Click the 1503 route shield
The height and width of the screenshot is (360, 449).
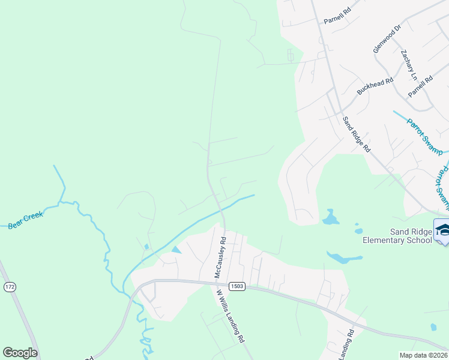tap(238, 287)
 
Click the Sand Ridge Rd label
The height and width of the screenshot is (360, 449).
tap(357, 134)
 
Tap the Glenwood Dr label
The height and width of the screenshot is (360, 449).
tap(387, 39)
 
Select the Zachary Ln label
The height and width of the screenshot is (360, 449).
tap(409, 65)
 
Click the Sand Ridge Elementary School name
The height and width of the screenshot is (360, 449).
tap(397, 235)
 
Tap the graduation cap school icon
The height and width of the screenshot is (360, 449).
tap(443, 231)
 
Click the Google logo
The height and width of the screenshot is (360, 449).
tap(20, 353)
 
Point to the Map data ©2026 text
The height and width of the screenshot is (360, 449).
tap(423, 355)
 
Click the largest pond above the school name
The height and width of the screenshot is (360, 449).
tap(330, 217)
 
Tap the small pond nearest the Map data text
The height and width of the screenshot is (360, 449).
tap(433, 327)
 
